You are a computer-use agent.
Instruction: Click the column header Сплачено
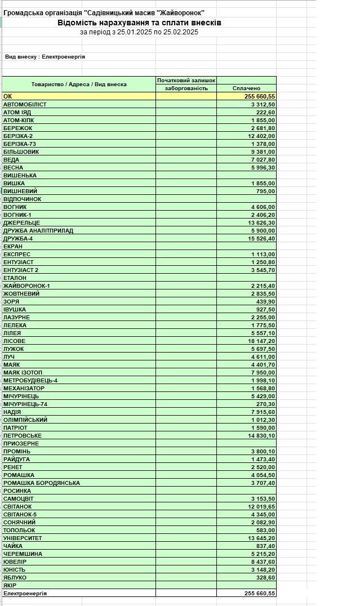coord(246,88)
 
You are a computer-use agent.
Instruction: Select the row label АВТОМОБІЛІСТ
coord(25,105)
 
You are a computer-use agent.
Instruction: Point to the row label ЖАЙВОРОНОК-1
coord(26,286)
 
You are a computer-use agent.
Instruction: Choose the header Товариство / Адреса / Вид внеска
coord(79,84)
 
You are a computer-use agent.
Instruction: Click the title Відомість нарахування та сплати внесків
coord(139,23)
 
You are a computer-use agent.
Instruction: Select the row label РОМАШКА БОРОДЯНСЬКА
coord(42,483)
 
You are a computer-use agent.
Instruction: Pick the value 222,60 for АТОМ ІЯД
coord(265,113)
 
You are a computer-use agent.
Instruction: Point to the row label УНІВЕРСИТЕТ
coord(23,538)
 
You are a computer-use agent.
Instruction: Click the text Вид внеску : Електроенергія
coord(45,57)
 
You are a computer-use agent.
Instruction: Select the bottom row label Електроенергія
coord(25,594)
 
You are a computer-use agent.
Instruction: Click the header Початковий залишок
coord(186,81)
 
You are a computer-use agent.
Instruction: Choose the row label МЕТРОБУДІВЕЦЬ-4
coord(30,381)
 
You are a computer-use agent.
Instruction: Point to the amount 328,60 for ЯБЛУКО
coord(265,578)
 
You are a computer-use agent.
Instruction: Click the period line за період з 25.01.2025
coord(139,32)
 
